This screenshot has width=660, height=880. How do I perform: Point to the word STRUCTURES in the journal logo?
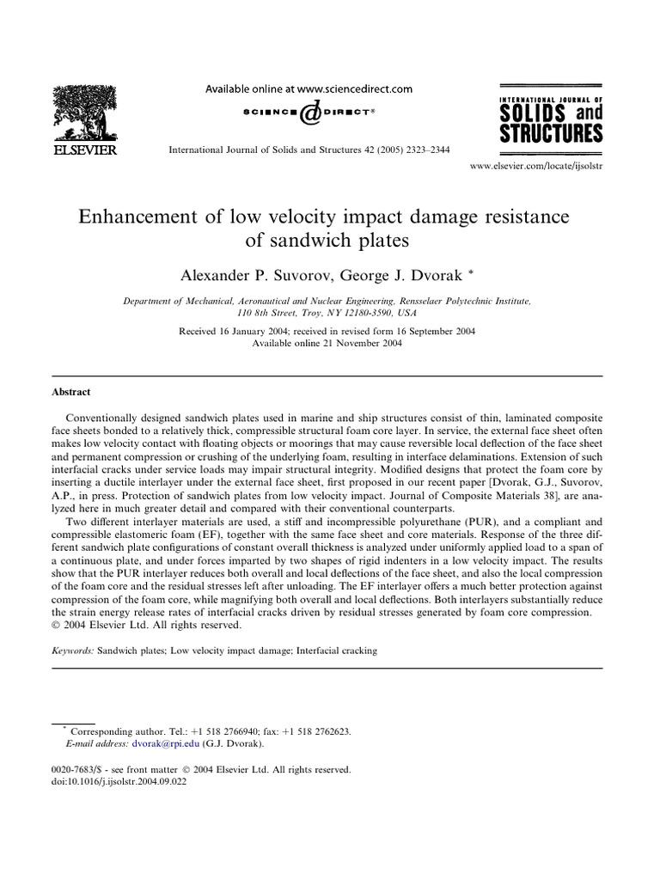click(x=551, y=132)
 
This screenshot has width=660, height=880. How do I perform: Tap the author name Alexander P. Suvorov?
click(x=246, y=275)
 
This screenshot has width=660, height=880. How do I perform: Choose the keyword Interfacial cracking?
click(x=336, y=651)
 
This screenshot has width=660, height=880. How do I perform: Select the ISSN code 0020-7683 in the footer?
click(x=74, y=770)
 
